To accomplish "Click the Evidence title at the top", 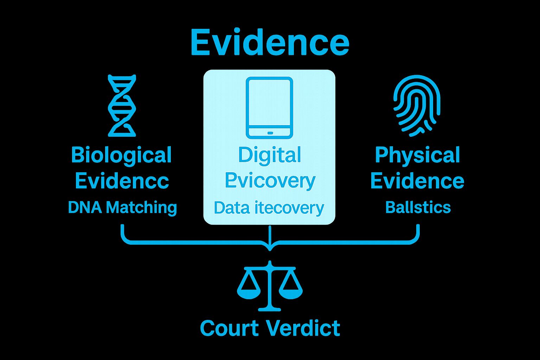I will [270, 43].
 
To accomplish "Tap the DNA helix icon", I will [122, 105].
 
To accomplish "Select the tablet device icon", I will [269, 108].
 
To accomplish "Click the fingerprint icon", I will [417, 105].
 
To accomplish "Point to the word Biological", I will [121, 155].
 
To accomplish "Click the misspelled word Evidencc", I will [122, 181].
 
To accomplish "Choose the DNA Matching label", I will [122, 207].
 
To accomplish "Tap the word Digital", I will [269, 155].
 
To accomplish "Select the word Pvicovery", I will [270, 181].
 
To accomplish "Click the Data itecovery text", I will [269, 208].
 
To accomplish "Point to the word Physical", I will [417, 155].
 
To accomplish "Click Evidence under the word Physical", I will [417, 181].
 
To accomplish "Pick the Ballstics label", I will [418, 207].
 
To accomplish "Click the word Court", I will [229, 328].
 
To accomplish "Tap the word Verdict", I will [303, 328].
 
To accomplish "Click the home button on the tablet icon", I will [270, 133].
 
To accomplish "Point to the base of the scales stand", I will [270, 309].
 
